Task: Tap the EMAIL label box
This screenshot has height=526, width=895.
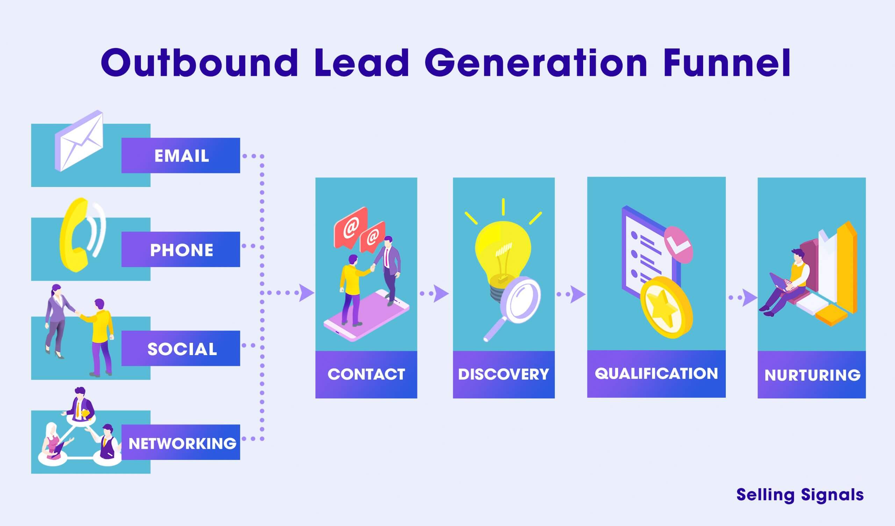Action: (x=181, y=156)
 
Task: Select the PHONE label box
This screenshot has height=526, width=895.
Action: (x=181, y=249)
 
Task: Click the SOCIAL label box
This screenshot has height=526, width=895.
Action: (x=181, y=348)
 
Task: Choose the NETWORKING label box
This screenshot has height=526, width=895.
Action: (x=181, y=442)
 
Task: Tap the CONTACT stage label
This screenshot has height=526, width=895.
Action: (x=366, y=374)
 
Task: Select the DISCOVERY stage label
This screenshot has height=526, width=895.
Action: (x=504, y=374)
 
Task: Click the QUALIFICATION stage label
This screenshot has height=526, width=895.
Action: (x=656, y=374)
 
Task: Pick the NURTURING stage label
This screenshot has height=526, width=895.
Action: (x=812, y=375)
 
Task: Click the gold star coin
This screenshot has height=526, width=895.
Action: (x=666, y=307)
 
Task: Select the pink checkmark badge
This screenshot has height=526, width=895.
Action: (x=678, y=244)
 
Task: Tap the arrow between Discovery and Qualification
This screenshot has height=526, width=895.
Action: (x=577, y=294)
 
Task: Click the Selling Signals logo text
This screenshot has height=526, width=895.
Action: (x=800, y=495)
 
